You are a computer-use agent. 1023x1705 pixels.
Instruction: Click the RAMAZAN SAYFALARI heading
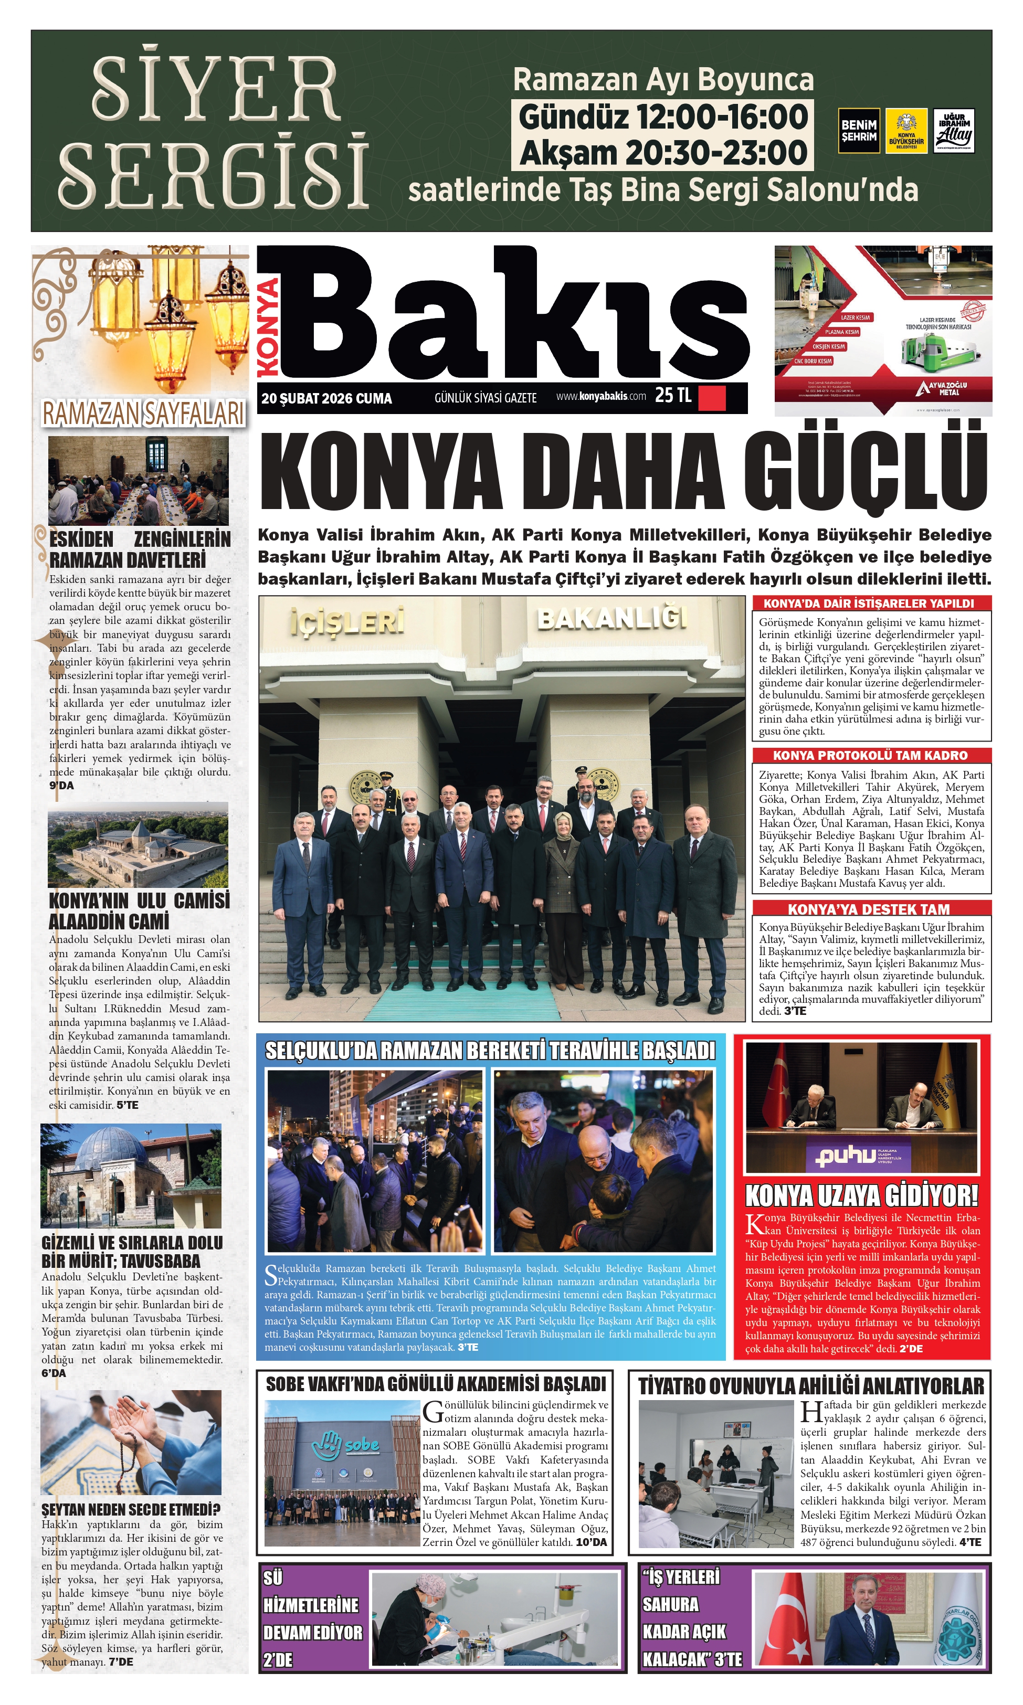point(143,414)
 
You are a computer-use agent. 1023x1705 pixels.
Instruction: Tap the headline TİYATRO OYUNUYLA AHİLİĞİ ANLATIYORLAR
point(810,1386)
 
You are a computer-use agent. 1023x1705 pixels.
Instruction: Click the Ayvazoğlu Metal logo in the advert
point(942,389)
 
